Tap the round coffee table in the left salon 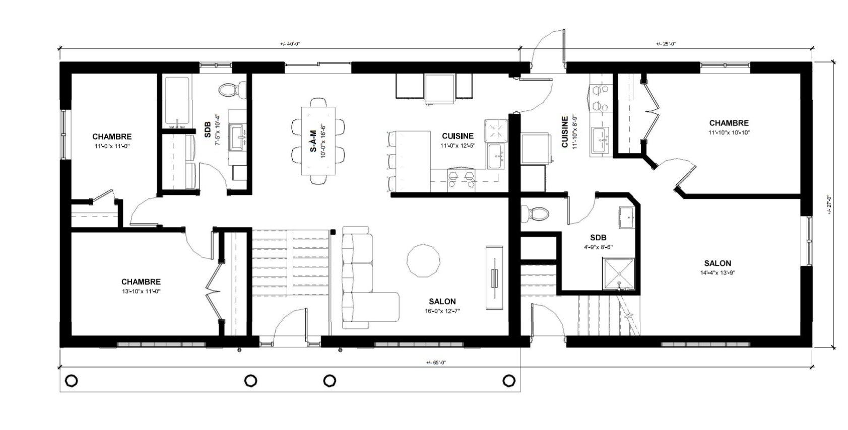(423, 260)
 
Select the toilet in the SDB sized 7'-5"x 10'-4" (230, 90)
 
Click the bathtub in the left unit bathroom (177, 103)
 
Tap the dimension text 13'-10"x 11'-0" (141, 291)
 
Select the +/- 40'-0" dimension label (290, 44)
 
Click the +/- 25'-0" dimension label (666, 44)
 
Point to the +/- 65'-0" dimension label (436, 363)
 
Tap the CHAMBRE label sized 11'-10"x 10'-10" (729, 123)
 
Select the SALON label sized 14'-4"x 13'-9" (717, 263)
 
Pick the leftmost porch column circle (72, 380)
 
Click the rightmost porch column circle (509, 380)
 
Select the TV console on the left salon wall (494, 278)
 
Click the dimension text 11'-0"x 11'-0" (112, 146)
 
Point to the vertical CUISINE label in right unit (565, 132)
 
